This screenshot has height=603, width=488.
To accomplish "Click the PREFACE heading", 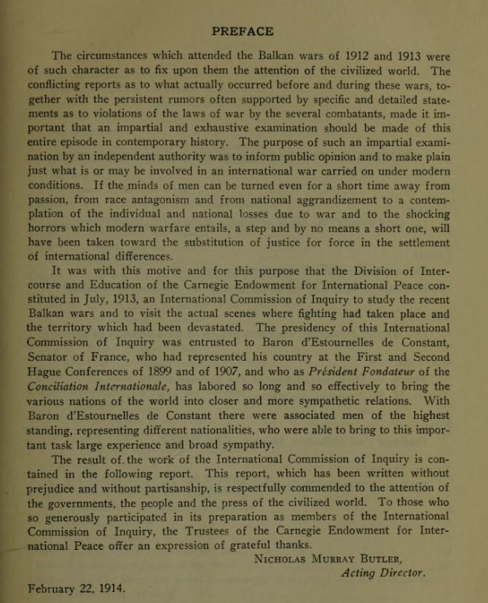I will click(243, 31).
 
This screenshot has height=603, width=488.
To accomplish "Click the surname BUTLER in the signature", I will click(403, 559).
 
